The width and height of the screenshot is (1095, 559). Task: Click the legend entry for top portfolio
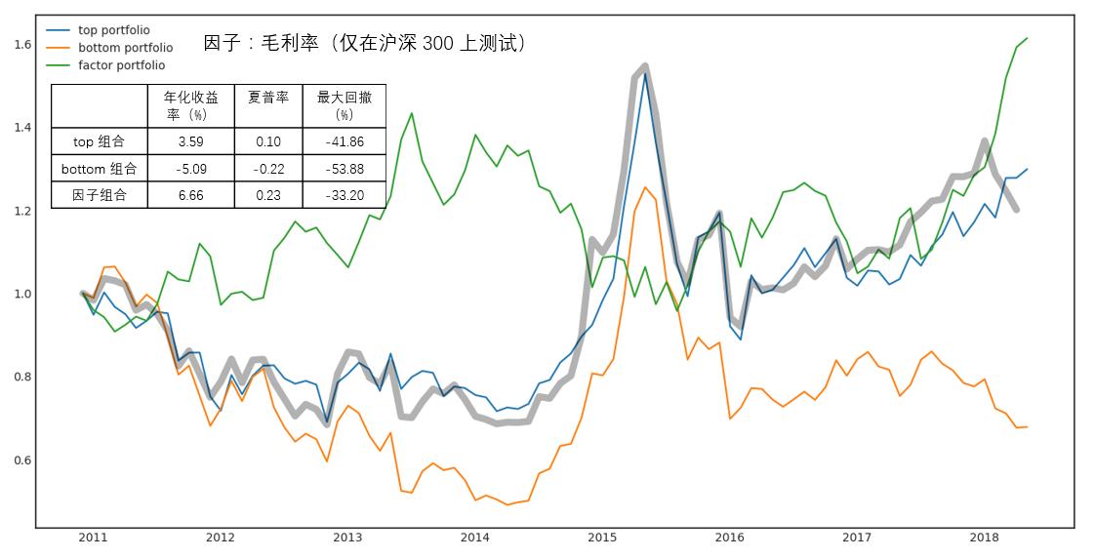[x=113, y=30]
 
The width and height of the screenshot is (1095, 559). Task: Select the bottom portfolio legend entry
[x=125, y=48]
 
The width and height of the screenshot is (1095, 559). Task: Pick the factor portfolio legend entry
[x=121, y=65]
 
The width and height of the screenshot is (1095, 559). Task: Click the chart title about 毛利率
[x=365, y=44]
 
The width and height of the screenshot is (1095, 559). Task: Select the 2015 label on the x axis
[x=602, y=538]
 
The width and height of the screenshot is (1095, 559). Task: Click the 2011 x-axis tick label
[x=93, y=538]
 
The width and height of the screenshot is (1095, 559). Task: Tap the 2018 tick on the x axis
[x=984, y=538]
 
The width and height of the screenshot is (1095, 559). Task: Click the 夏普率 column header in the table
[x=268, y=99]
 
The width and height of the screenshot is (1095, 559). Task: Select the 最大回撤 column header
[x=344, y=105]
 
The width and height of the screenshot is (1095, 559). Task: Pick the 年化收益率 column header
[x=191, y=105]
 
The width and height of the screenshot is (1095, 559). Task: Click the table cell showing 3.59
[x=191, y=141]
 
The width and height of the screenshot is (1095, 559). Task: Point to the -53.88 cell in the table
[x=344, y=169]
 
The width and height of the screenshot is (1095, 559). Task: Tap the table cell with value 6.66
[x=191, y=195]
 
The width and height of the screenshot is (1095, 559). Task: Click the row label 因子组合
[x=99, y=195]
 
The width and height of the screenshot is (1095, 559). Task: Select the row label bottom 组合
[x=99, y=169]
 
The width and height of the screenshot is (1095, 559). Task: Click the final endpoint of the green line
[x=1028, y=38]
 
